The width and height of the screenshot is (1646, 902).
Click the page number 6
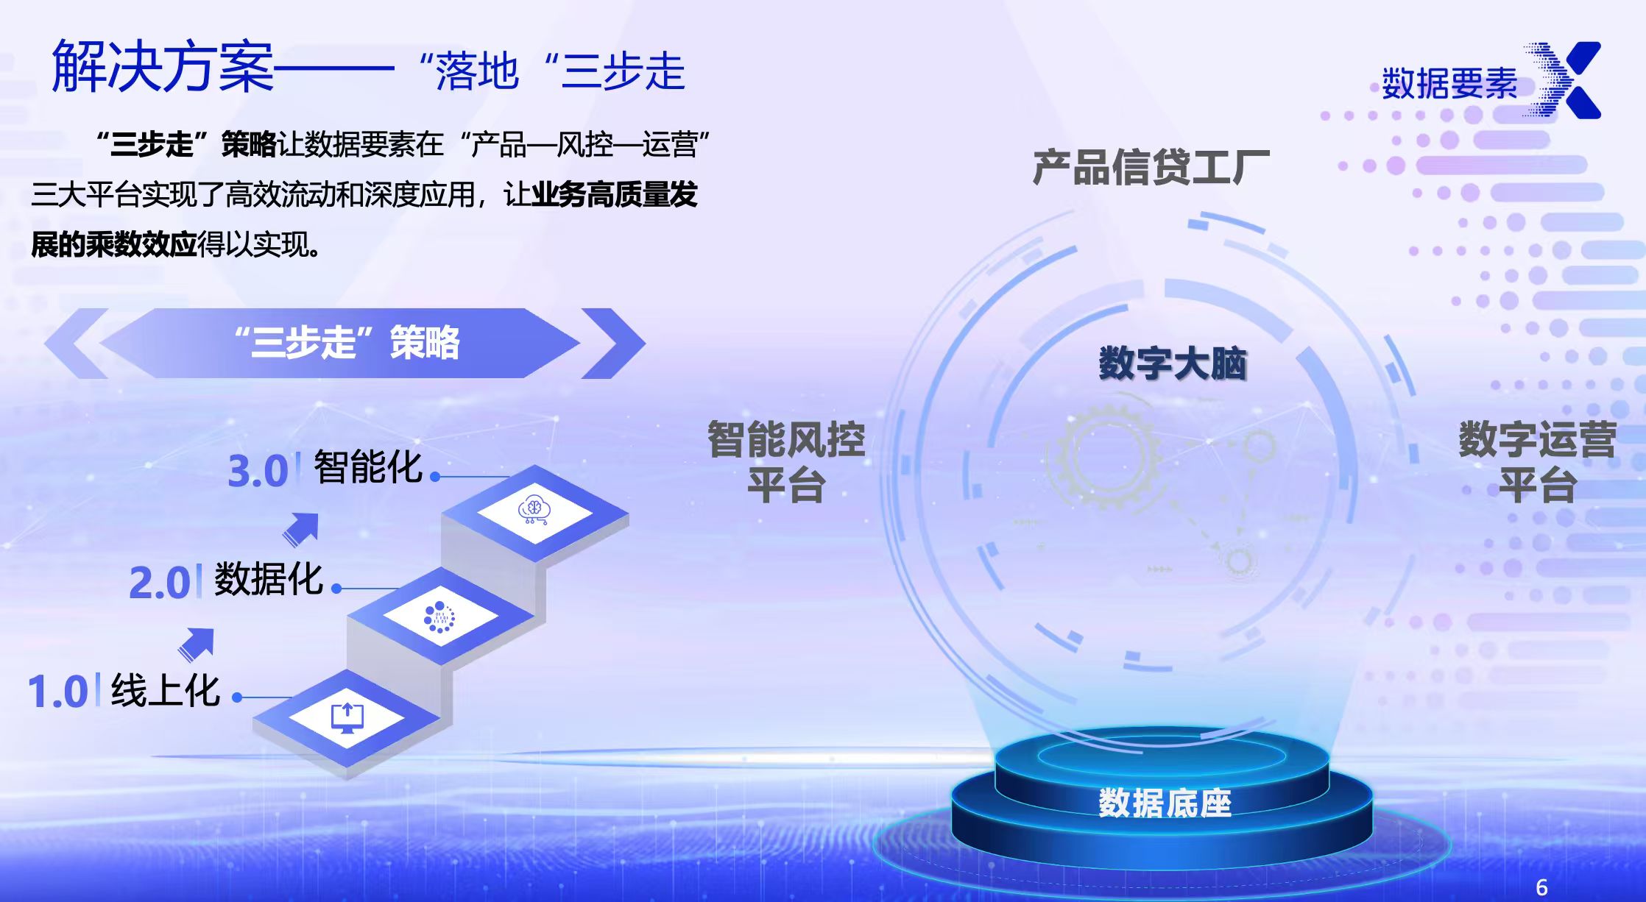coord(1541,887)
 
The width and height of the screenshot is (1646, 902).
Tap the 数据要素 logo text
coord(1449,84)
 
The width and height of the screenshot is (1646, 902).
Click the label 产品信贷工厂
coord(1151,167)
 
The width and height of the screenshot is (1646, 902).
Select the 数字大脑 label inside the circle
coord(1172,363)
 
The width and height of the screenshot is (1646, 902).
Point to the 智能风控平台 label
coord(785,462)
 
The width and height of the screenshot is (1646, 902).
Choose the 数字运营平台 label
coord(1537,462)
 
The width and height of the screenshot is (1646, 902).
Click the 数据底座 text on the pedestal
coord(1165,803)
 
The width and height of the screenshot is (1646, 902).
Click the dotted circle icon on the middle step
coord(439,617)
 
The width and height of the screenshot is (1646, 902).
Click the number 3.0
coord(258,472)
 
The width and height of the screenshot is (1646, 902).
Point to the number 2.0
coord(159,583)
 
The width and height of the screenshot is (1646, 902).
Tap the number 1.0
coord(57,693)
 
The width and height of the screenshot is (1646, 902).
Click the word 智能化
coord(368,466)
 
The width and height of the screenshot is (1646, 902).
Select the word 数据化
coord(269,579)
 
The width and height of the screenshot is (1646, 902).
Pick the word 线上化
coord(166,691)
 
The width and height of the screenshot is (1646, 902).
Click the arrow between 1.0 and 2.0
coord(197,644)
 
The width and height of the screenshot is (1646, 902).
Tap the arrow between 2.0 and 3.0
coord(301,529)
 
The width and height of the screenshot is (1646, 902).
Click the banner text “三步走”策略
coord(347,343)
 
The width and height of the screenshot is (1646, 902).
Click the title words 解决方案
coord(162,68)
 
